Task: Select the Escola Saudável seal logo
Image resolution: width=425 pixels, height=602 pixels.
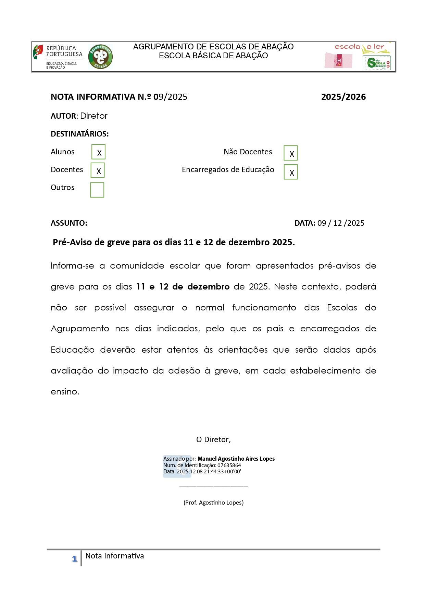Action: tap(376, 63)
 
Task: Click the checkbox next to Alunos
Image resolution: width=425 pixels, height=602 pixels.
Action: tap(98, 152)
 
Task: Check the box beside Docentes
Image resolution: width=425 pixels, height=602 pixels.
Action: tap(98, 170)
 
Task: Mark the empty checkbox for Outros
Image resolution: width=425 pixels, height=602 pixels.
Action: tap(97, 190)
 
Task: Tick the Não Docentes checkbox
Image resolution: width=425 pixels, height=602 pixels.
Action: tap(290, 153)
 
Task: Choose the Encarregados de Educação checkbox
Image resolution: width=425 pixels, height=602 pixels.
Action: tap(290, 172)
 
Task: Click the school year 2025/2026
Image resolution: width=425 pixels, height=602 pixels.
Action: tap(343, 97)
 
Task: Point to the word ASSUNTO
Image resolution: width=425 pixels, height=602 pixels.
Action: tap(69, 223)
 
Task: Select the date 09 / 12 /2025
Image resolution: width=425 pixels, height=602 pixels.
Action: tap(340, 223)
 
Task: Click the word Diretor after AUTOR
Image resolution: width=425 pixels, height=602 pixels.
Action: tap(93, 116)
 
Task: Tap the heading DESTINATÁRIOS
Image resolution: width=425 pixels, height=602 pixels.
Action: tap(79, 134)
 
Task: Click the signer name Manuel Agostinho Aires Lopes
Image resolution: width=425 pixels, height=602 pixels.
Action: tap(236, 459)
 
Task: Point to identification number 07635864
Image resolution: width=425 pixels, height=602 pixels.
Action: tap(229, 465)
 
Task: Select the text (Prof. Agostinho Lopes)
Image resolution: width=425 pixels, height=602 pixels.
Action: tap(213, 503)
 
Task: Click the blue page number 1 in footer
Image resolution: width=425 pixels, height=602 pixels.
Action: tap(75, 559)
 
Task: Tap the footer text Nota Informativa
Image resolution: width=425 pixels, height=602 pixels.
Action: tap(114, 556)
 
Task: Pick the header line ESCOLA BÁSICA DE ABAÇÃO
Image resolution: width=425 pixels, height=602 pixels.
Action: tap(213, 56)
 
